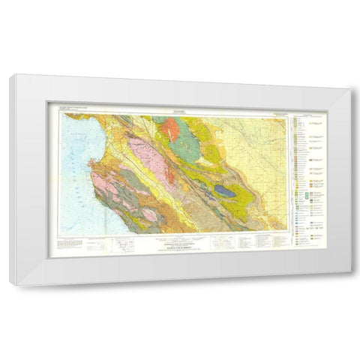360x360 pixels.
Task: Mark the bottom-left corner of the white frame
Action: (x=10, y=285)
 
